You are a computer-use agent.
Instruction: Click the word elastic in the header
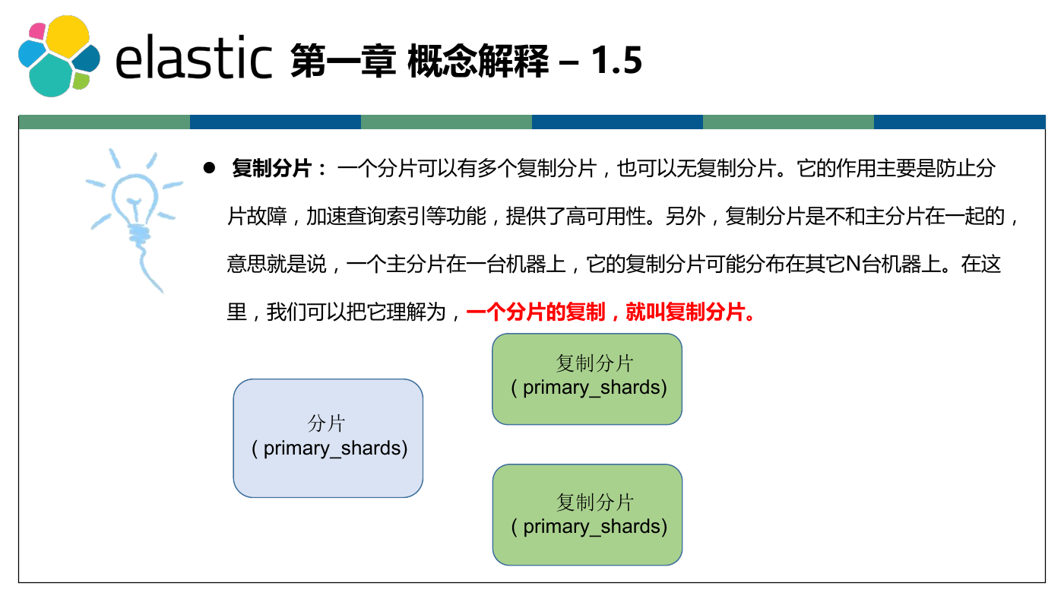tap(194, 57)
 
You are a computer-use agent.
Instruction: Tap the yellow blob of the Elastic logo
tap(68, 36)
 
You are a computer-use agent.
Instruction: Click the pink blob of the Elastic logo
tap(37, 31)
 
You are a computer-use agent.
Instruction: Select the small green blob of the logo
tap(81, 81)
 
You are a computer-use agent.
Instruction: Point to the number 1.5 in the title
tap(616, 60)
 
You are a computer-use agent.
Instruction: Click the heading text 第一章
tap(343, 60)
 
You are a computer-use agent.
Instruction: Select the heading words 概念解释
tap(478, 60)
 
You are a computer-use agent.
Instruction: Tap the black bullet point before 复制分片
tap(209, 168)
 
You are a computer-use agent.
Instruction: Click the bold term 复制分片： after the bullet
tap(279, 168)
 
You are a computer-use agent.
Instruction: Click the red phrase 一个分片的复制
tap(536, 312)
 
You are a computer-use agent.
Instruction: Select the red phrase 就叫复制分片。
tap(690, 312)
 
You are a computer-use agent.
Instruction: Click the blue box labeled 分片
tap(328, 438)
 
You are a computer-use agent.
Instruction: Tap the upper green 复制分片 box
tap(587, 379)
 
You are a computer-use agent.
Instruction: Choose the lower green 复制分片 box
tap(587, 515)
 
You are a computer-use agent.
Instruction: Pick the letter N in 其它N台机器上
tap(853, 264)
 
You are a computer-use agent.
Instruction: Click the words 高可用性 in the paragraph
tap(606, 216)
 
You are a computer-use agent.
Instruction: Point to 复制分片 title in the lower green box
tap(594, 502)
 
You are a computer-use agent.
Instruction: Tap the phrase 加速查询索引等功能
tap(396, 216)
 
